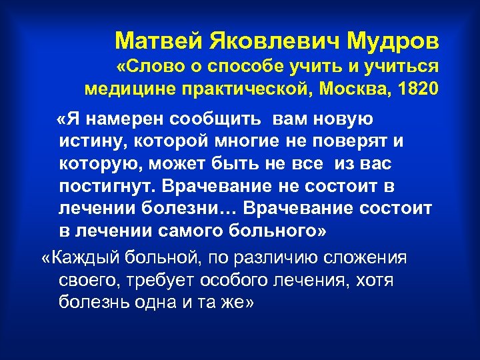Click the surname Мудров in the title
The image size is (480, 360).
[394, 41]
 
